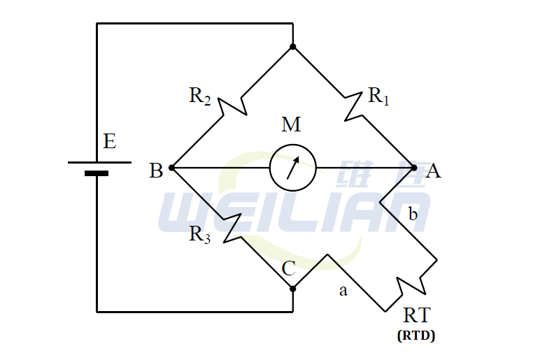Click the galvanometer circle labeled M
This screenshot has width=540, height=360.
[293, 168]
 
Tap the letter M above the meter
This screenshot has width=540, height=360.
[291, 125]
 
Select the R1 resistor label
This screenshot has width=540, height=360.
[378, 96]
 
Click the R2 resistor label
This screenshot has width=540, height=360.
[199, 96]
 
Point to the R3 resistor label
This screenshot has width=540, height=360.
[199, 235]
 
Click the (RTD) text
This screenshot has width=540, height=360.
[416, 336]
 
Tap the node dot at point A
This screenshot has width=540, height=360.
[414, 168]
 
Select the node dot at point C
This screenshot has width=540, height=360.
[293, 287]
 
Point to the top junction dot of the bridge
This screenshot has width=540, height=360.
[293, 47]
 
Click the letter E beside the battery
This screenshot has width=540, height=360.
[109, 142]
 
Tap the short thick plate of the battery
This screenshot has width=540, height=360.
[97, 173]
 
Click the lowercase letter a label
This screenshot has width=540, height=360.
[343, 291]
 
